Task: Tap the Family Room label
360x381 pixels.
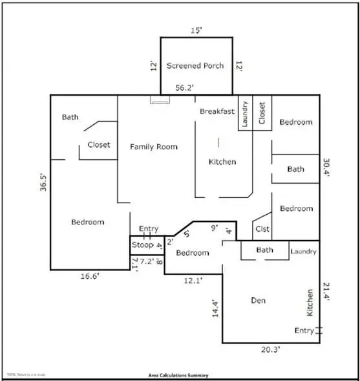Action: [154, 147]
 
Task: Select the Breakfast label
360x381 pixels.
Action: [217, 111]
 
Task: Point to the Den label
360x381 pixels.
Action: [259, 300]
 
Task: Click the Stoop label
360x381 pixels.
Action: [142, 245]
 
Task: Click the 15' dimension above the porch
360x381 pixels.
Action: [195, 29]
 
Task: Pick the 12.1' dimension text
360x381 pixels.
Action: [193, 281]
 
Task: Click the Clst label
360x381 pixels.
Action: [262, 229]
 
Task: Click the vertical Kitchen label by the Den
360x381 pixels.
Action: [310, 303]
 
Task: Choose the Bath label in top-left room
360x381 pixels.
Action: [70, 117]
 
